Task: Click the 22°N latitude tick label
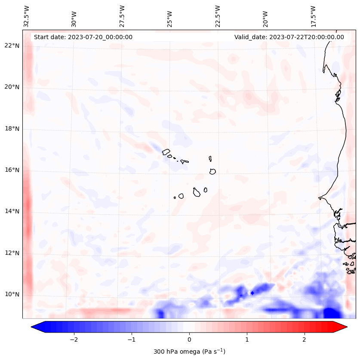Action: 12,46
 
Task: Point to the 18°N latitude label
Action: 12,129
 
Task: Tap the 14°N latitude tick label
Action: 12,211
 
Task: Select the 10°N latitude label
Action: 12,295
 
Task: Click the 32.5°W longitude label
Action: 27,15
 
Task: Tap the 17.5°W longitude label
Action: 313,15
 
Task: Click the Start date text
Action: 83,37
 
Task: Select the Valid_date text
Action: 289,37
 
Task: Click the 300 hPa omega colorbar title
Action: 189,352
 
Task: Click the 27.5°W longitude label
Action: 122,15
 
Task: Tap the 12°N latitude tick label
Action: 12,253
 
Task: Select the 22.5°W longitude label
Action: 218,15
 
